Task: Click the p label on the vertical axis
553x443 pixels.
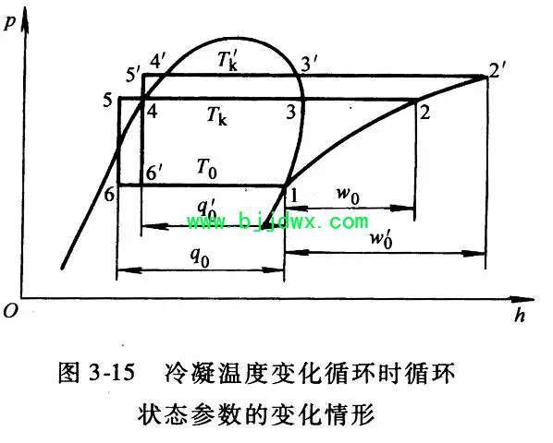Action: point(9,24)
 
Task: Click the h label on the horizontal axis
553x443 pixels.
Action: point(520,315)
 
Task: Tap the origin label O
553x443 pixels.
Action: point(10,310)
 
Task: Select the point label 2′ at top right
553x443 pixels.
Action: point(498,73)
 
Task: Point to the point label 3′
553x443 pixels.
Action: point(309,66)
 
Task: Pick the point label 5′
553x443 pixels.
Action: point(132,75)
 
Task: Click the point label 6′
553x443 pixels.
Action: point(154,173)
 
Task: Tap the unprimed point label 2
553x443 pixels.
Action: point(425,113)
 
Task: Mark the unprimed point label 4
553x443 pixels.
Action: point(152,111)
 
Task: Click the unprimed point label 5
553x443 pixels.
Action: point(107,101)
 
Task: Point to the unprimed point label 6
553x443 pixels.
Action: point(109,194)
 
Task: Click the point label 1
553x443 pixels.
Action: point(293,195)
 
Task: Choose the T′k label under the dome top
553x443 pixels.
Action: point(227,61)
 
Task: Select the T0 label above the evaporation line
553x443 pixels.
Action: point(207,169)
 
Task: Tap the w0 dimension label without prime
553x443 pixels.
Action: point(348,196)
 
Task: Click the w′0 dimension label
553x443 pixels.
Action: point(381,240)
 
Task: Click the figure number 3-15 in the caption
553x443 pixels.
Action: point(112,373)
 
